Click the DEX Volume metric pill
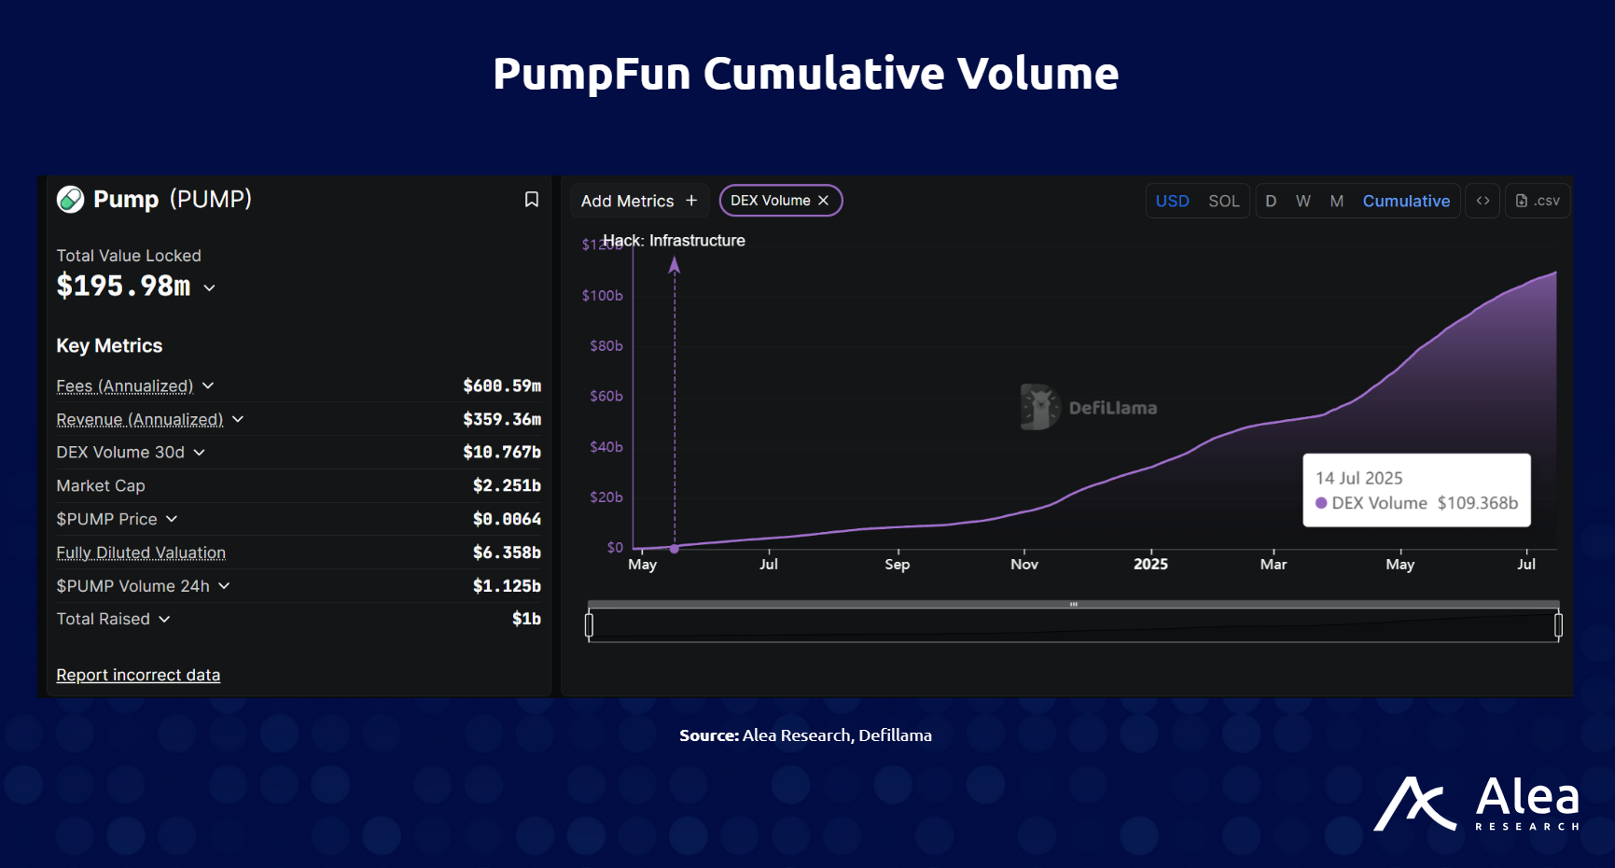(770, 201)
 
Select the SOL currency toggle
(1223, 201)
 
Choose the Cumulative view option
(1405, 201)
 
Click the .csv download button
(1537, 201)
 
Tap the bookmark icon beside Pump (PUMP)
(532, 200)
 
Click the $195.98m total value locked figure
(123, 286)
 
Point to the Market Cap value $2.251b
(506, 485)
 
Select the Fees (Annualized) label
(124, 385)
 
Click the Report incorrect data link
(138, 675)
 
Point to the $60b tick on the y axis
(606, 396)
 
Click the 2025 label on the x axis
(1150, 564)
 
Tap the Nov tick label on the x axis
(1023, 564)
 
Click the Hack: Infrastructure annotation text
(674, 240)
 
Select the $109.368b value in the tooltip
(1477, 503)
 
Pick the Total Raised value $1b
(526, 619)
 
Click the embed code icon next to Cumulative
(1483, 201)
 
